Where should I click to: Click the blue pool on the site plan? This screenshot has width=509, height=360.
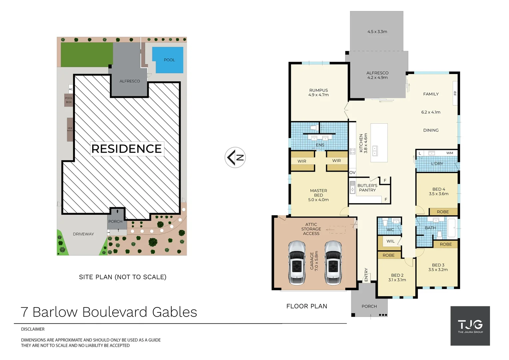168,60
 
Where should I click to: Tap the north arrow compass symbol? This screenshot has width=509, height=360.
235,157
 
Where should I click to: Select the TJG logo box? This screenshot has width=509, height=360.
470,326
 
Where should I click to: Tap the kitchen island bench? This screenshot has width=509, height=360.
379,143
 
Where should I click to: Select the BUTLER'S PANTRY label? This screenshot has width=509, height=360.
367,188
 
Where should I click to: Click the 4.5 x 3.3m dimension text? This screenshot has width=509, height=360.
377,32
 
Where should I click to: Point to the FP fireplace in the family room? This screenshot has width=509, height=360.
455,93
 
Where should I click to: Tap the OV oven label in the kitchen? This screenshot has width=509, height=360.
352,173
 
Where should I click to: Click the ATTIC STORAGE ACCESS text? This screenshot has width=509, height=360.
311,229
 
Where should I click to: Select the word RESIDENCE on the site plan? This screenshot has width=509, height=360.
127,149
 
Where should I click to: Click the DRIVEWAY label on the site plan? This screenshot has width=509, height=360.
83,234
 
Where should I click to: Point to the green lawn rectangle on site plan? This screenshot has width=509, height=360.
87,55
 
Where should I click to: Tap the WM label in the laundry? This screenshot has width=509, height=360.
450,153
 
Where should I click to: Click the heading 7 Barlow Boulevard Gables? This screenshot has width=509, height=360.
109,312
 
